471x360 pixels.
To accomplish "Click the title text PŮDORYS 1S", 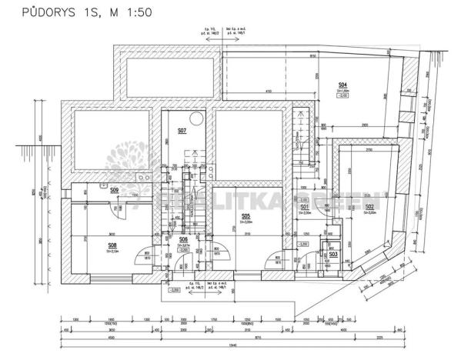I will (54, 12).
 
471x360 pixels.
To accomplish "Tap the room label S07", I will (182, 131).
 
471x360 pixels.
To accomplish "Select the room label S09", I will (114, 189).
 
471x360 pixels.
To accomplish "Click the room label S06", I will (183, 240).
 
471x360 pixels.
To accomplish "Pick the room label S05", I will (246, 217).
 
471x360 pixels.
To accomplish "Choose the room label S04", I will (342, 85).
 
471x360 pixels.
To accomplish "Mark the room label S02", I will (369, 207).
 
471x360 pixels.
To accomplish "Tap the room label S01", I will (304, 207).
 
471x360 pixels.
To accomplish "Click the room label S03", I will (333, 255).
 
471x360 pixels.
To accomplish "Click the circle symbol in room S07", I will (198, 118).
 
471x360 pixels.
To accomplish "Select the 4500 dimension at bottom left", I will (110, 337).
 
